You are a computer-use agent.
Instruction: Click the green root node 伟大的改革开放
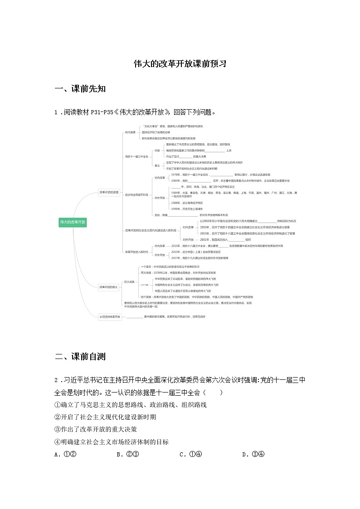coord(73,222)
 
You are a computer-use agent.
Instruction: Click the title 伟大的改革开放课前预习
coord(180,64)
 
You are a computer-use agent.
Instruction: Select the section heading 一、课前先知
coord(80,89)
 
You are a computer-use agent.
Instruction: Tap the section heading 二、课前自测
coord(80,357)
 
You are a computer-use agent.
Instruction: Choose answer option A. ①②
coord(64,454)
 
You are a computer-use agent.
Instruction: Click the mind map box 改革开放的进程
coord(109,192)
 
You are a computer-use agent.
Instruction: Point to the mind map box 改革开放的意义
coord(109,286)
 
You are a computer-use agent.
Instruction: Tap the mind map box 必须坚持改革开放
coord(110,316)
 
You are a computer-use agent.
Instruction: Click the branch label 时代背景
coord(130,132)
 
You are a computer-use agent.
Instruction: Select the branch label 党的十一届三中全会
coord(136,156)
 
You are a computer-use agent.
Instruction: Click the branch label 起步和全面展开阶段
coord(136,194)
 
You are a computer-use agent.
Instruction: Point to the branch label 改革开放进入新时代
coord(136,252)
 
